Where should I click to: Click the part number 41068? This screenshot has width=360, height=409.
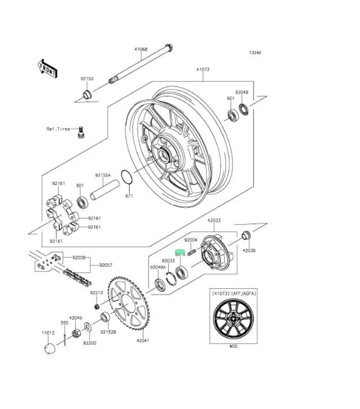tap(141, 49)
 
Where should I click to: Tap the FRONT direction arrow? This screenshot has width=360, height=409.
tap(48, 69)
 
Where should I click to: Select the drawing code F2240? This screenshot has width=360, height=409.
tap(256, 53)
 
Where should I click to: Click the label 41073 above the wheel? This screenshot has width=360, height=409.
tap(203, 70)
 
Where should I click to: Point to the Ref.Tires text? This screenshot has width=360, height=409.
tap(58, 129)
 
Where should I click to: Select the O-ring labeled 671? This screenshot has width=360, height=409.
tap(127, 177)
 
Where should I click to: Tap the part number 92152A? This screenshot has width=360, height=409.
tap(103, 175)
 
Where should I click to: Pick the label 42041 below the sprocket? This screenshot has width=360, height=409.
tap(143, 340)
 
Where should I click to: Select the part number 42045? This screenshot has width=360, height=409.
tap(76, 318)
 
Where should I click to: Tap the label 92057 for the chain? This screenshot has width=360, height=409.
tap(106, 265)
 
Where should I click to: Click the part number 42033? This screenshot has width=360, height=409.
tap(214, 220)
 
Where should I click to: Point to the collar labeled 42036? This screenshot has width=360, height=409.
tap(246, 235)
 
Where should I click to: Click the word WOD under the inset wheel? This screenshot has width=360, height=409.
tap(233, 347)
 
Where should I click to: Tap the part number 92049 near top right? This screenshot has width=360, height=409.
tap(241, 93)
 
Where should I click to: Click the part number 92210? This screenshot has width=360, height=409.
tap(96, 293)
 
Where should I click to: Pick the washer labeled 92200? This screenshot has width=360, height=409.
tap(89, 327)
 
